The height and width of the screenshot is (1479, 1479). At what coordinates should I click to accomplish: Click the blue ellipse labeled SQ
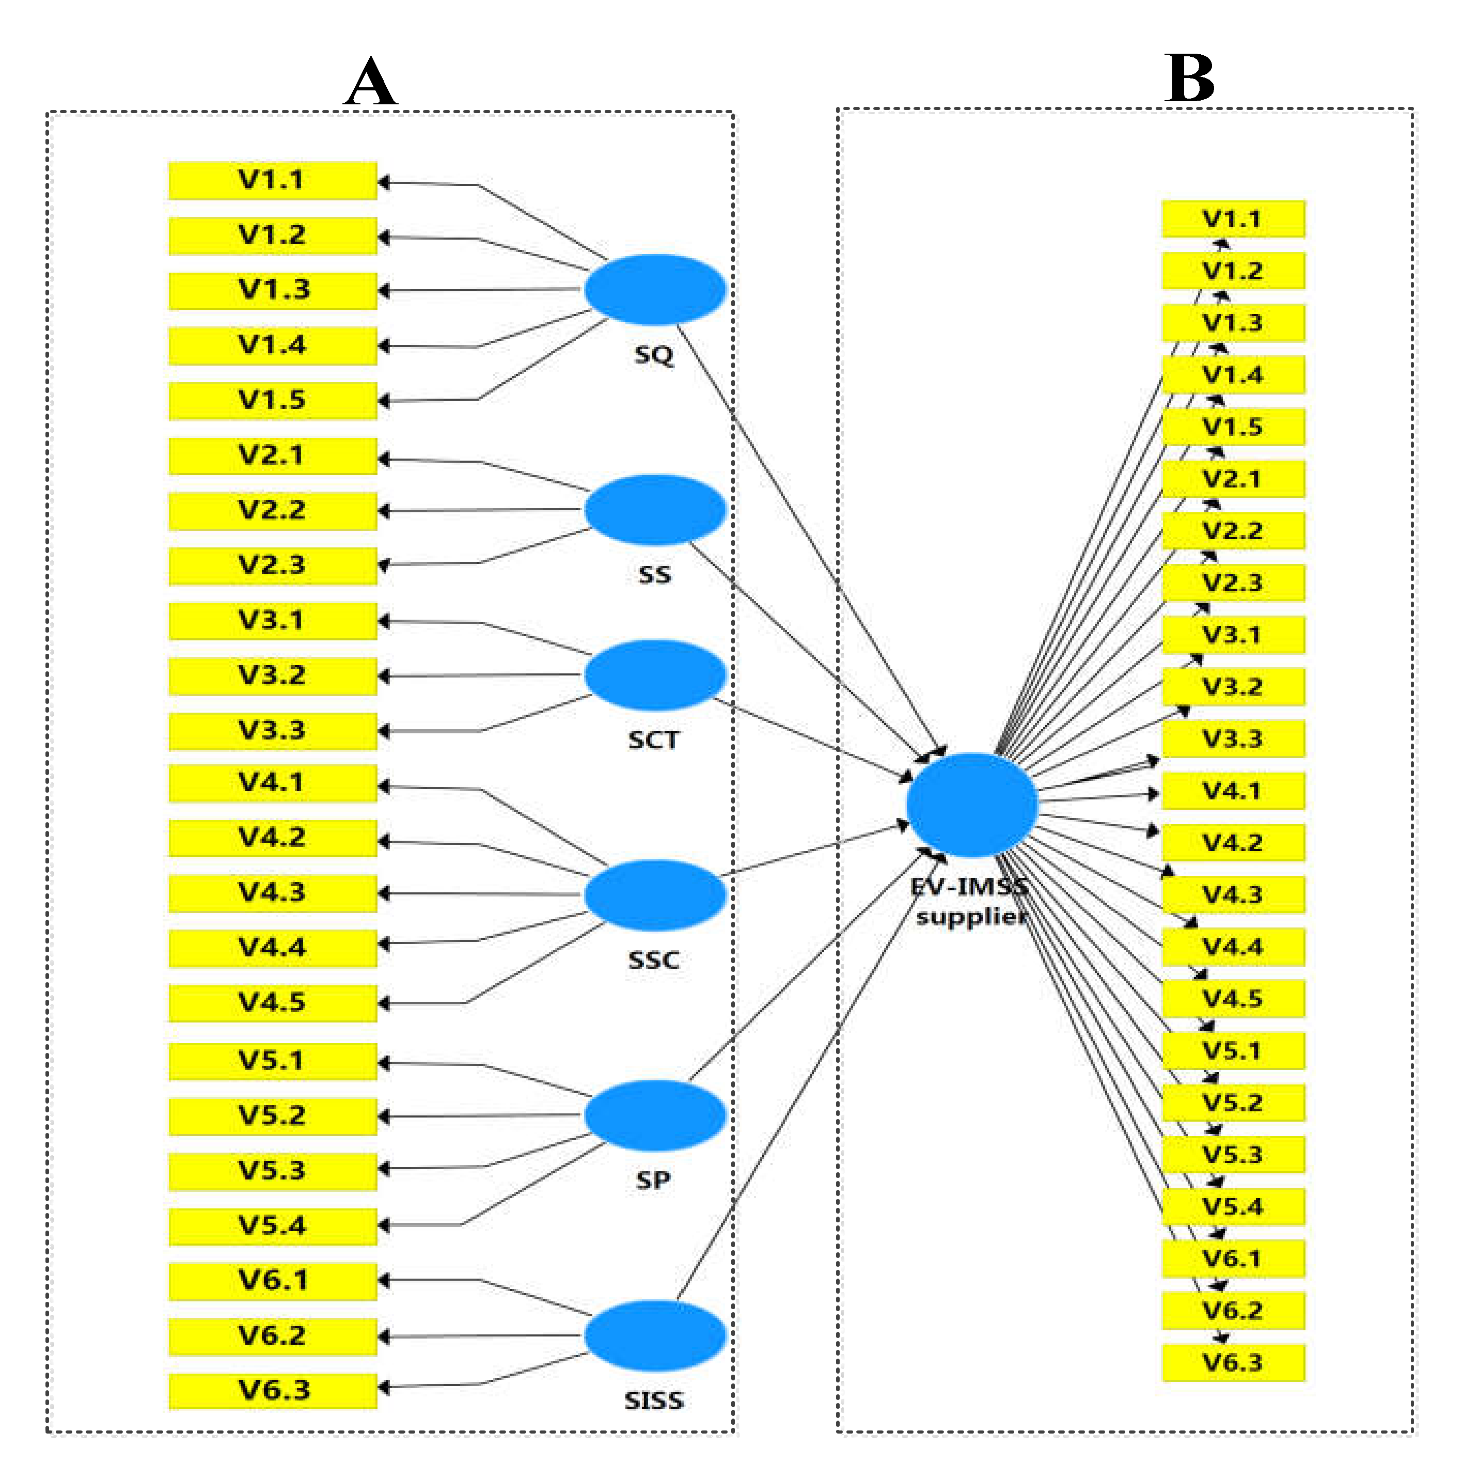(x=654, y=289)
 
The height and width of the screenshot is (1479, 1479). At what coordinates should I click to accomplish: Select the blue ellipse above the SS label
(x=654, y=510)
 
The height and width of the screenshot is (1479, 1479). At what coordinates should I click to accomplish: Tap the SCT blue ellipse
(x=654, y=675)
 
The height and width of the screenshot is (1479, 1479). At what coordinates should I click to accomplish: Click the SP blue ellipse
(x=654, y=1115)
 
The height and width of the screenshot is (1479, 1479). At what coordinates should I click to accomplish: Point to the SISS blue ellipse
(x=654, y=1336)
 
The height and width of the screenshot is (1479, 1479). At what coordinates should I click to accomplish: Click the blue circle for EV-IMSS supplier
(x=971, y=805)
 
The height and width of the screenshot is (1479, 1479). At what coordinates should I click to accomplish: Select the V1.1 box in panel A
(x=273, y=181)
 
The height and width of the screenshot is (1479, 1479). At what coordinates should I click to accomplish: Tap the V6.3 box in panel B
(x=1233, y=1363)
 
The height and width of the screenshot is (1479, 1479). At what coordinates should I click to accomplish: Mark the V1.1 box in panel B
(x=1233, y=219)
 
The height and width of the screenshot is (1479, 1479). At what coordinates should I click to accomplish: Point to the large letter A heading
(x=370, y=82)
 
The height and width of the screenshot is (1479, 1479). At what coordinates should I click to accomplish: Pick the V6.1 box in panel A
(x=273, y=1281)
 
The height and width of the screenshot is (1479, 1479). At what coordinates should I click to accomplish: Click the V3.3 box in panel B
(x=1233, y=739)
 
